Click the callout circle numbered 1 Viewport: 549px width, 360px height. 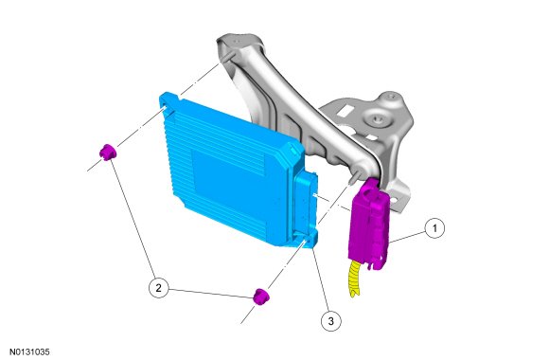[x=434, y=228]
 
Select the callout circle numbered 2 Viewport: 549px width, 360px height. [x=158, y=288]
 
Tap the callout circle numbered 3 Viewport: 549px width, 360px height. [x=331, y=320]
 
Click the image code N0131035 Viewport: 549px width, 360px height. [x=29, y=351]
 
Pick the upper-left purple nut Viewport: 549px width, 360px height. [x=108, y=152]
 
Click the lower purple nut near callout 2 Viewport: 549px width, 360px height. [x=261, y=297]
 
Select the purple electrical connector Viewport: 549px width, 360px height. [x=369, y=224]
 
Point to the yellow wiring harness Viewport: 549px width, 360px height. [x=355, y=279]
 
